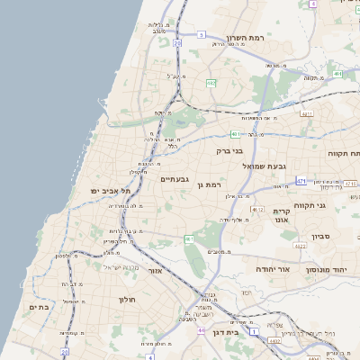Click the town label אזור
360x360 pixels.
154,269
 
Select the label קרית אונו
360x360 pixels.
280,215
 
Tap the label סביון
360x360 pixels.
321,237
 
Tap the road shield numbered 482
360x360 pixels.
210,83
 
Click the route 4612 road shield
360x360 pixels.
257,210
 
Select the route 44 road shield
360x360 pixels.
201,330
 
